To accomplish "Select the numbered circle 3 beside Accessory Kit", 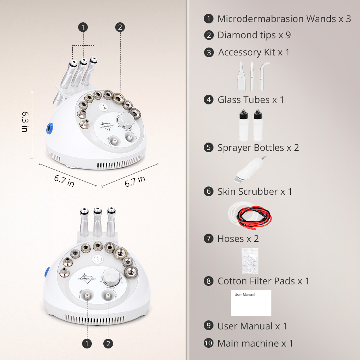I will (x=208, y=53).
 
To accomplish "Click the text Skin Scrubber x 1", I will (x=255, y=192).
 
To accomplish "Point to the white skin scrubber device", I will (x=250, y=169).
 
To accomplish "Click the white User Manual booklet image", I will (x=251, y=303).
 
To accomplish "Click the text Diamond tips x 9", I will (x=254, y=35).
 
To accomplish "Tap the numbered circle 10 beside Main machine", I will (x=208, y=343).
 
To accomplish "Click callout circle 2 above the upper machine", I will (x=120, y=27).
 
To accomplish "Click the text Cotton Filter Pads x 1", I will (x=263, y=281).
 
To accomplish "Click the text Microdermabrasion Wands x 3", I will (x=284, y=19).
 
